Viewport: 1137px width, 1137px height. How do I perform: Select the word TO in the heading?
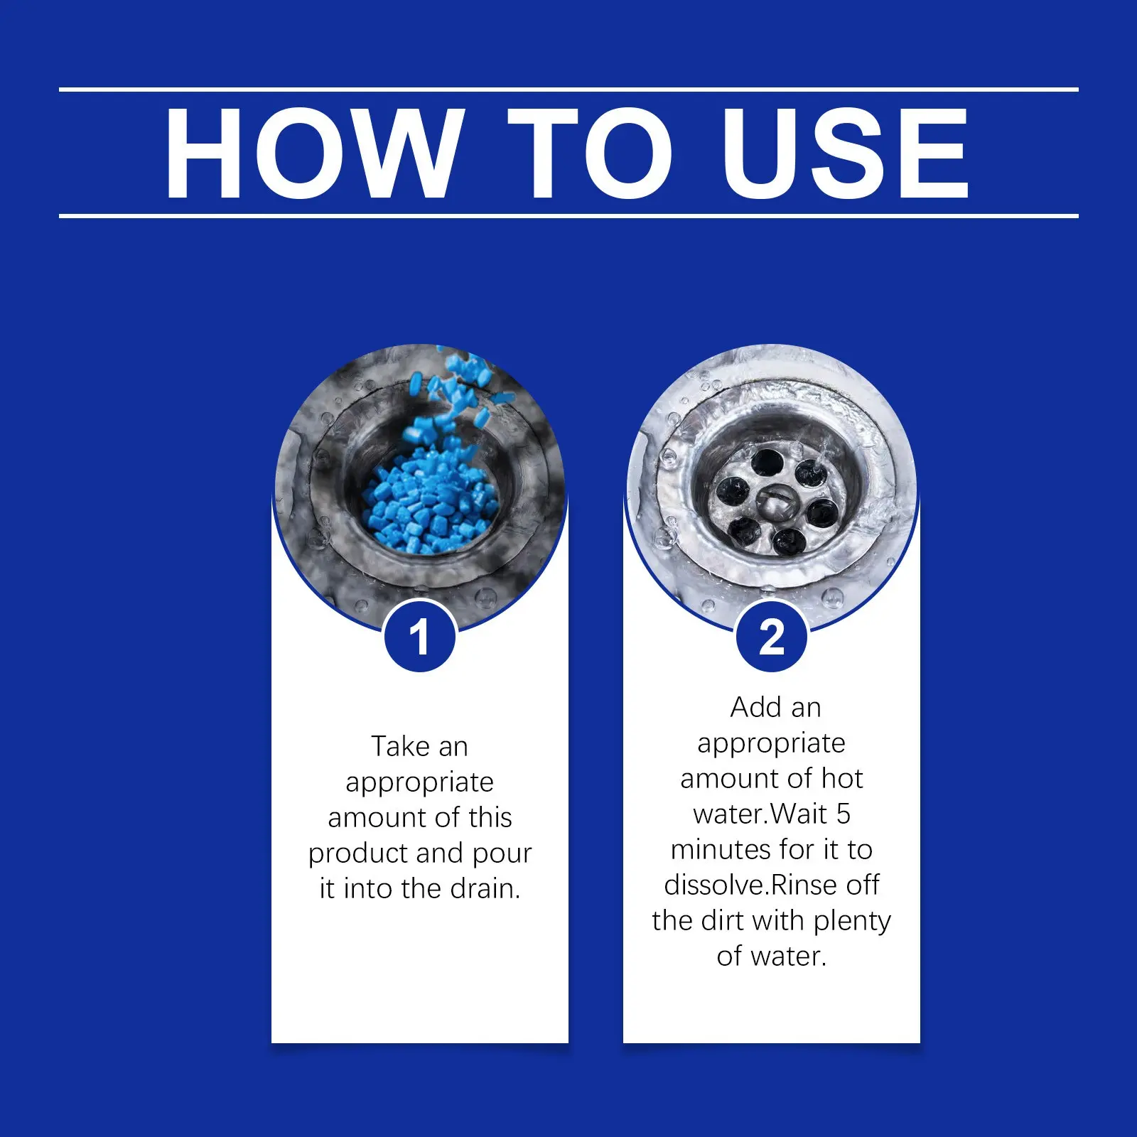click(589, 153)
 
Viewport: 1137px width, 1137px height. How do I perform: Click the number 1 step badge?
click(419, 637)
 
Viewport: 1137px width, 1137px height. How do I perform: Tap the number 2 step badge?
click(772, 637)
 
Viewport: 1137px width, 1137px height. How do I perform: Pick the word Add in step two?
click(756, 707)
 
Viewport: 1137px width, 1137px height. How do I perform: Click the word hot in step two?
click(842, 778)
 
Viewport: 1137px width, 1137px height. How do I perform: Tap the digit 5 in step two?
click(843, 814)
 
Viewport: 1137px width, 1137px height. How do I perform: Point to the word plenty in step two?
click(852, 922)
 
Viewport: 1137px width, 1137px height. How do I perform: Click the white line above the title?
click(568, 90)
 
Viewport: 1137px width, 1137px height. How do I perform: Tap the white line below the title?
click(568, 215)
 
